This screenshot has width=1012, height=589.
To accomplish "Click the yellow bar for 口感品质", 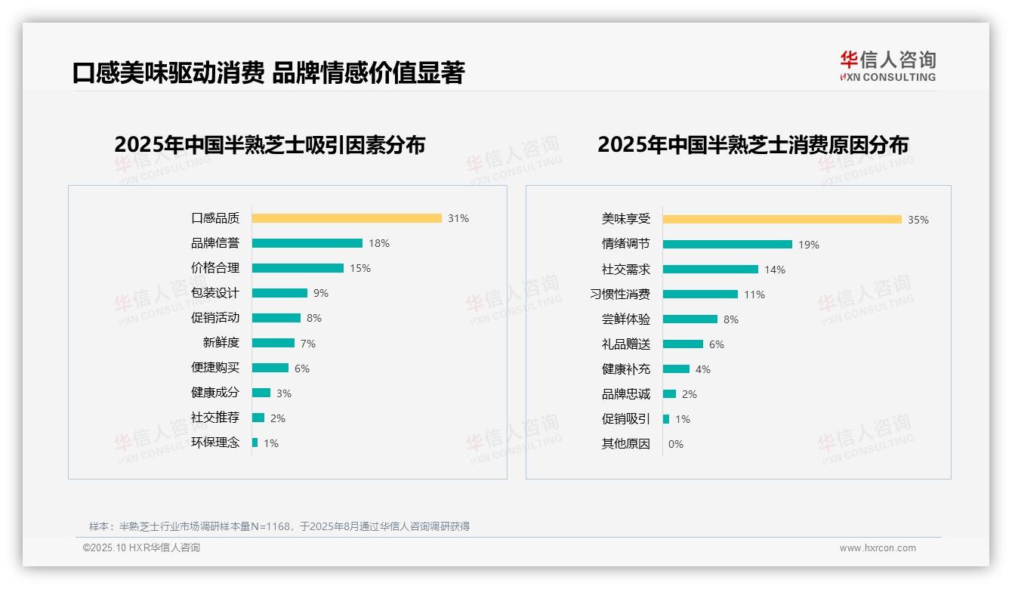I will pyautogui.click(x=347, y=218).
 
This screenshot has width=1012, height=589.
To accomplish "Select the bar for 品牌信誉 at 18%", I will pyautogui.click(x=307, y=243).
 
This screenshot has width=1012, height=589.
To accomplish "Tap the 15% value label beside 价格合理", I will pyautogui.click(x=360, y=268).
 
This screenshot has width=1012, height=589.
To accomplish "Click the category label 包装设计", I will pyautogui.click(x=215, y=293).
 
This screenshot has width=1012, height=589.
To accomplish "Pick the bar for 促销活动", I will pyautogui.click(x=276, y=318).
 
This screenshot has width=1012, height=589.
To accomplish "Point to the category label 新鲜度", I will pyautogui.click(x=221, y=343).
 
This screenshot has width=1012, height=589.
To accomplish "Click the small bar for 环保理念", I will pyautogui.click(x=255, y=443).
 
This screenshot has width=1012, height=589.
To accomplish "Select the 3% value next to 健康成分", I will pyautogui.click(x=284, y=393).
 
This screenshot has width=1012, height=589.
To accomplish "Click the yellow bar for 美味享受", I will pyautogui.click(x=782, y=220).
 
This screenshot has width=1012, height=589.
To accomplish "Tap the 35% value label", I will pyautogui.click(x=918, y=220).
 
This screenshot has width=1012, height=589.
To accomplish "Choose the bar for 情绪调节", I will pyautogui.click(x=728, y=245).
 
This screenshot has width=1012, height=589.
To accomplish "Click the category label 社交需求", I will pyautogui.click(x=626, y=270).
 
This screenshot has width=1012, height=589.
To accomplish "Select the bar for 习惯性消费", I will pyautogui.click(x=701, y=294).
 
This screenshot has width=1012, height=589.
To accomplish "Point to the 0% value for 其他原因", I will pyautogui.click(x=676, y=444).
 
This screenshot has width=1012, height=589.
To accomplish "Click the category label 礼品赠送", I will pyautogui.click(x=626, y=344).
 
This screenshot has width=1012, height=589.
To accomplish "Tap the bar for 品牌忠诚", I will pyautogui.click(x=670, y=394).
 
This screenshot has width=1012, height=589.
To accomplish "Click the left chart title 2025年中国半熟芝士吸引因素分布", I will pyautogui.click(x=270, y=144).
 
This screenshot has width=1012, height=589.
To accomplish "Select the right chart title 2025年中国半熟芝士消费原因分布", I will pyautogui.click(x=753, y=144).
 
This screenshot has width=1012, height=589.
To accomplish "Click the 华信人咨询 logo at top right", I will pyautogui.click(x=888, y=66).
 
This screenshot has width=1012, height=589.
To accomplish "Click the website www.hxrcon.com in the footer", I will pyautogui.click(x=878, y=548).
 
